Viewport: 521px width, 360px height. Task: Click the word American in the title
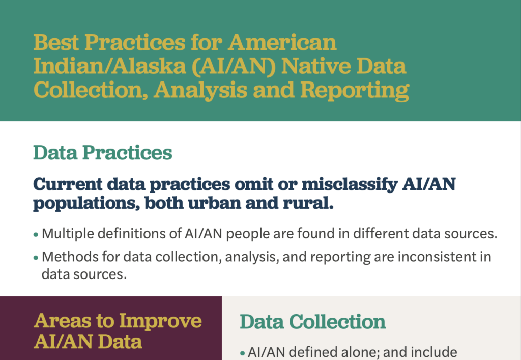point(282,42)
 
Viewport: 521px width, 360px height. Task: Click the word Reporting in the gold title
point(355,90)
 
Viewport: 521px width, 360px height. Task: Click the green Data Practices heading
point(103,153)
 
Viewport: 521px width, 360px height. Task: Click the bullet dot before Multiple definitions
point(36,235)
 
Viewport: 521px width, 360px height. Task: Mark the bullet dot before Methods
point(36,258)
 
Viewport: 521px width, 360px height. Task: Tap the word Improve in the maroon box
point(160,321)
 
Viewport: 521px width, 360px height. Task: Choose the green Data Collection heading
point(313,322)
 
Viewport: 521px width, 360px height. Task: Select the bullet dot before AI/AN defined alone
point(242,353)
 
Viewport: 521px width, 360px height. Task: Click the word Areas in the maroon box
point(62,321)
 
